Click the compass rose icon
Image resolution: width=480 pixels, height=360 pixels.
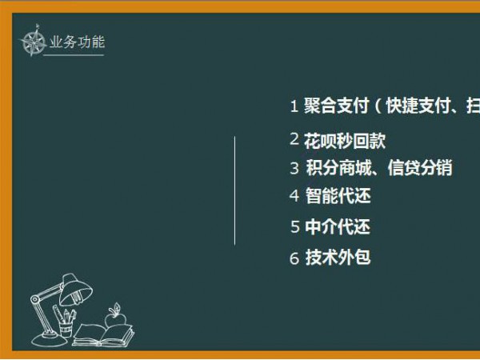(33, 41)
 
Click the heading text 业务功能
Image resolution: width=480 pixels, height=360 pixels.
(77, 42)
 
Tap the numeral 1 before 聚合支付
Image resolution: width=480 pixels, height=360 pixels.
(294, 106)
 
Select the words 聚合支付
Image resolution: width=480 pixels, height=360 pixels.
(336, 106)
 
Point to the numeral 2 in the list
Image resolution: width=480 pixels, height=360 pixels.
(294, 139)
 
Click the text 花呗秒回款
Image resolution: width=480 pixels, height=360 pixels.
(344, 141)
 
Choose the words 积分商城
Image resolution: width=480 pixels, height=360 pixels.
(338, 168)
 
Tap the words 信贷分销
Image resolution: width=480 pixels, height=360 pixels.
(420, 168)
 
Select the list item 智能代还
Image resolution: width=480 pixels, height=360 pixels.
(338, 196)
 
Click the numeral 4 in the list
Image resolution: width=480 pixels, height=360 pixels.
(294, 196)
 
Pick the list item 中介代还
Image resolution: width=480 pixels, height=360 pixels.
(338, 227)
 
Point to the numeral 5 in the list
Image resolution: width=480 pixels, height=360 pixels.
(294, 227)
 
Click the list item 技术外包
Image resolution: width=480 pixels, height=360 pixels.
(338, 258)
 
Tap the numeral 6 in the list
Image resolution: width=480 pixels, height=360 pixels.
(294, 258)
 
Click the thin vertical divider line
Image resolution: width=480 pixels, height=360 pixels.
(234, 190)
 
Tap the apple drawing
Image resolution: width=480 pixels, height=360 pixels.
(115, 317)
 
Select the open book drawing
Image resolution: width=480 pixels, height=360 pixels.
(103, 335)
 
